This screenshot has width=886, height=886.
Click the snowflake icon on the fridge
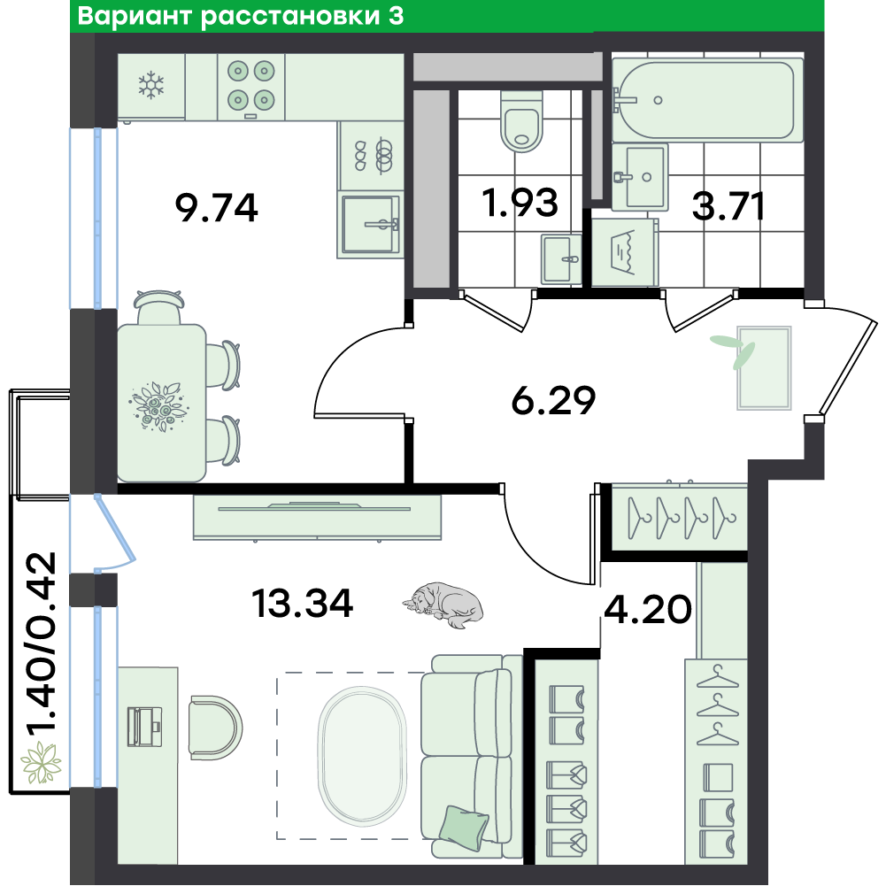pos(150,85)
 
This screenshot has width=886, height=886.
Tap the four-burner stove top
pos(250,87)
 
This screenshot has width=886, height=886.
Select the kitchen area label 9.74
pos(217,207)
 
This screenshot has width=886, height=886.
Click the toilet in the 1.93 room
pos(521,121)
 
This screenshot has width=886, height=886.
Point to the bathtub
pos(707,100)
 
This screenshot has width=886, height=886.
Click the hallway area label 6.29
pos(553,400)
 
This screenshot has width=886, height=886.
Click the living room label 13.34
pos(303,603)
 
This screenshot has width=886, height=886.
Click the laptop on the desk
pos(144,727)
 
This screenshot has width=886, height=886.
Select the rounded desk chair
pos(215,728)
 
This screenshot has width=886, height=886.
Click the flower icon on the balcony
pos(41,763)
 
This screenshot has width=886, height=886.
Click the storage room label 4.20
pos(648,609)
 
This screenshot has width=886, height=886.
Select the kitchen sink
pos(371,224)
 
